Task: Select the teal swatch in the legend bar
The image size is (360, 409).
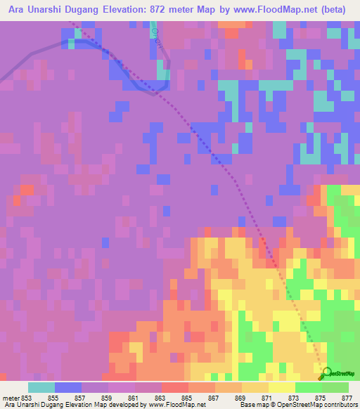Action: coord(41,387)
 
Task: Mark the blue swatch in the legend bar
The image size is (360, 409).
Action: coord(68,387)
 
